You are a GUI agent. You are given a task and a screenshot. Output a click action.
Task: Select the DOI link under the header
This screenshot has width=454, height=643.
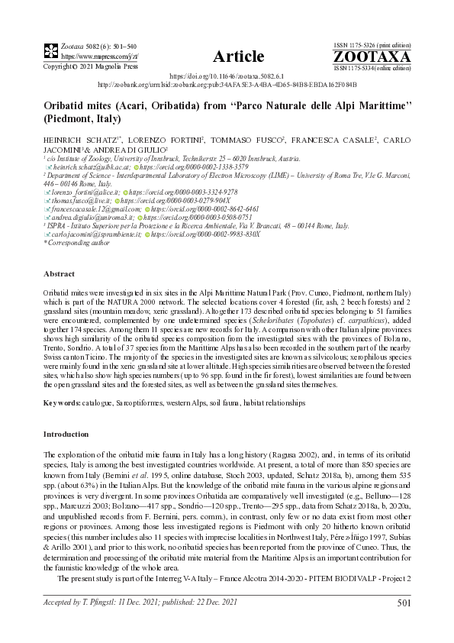tap(227, 78)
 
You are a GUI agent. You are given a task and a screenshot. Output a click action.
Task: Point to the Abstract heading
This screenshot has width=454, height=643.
tap(59, 273)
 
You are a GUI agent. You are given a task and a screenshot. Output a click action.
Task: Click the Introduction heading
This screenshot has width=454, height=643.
tap(67, 434)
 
